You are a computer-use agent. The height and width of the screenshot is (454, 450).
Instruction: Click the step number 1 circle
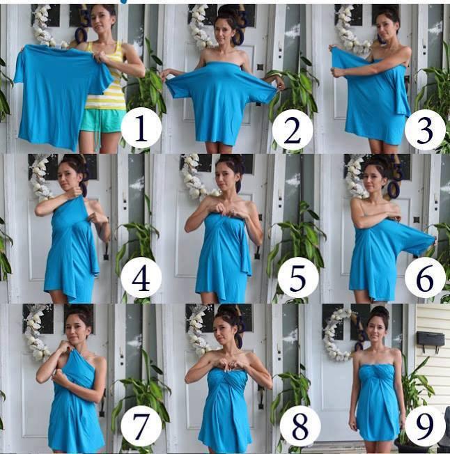tap(141, 127)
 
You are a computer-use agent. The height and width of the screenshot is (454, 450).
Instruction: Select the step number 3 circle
tap(425, 130)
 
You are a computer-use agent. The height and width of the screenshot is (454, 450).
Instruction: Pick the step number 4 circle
tap(141, 277)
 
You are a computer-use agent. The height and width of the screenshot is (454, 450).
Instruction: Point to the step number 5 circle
tap(298, 277)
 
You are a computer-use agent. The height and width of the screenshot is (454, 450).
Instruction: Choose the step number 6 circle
tap(425, 277)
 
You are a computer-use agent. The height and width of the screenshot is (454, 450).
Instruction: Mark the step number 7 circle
tap(141, 426)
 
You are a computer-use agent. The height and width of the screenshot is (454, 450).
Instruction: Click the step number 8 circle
tap(300, 426)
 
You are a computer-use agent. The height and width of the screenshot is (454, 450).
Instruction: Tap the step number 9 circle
tap(425, 426)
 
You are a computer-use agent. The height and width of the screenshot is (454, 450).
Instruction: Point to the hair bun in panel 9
tap(380, 312)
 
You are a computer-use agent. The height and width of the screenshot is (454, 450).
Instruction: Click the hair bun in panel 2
tap(228, 12)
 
